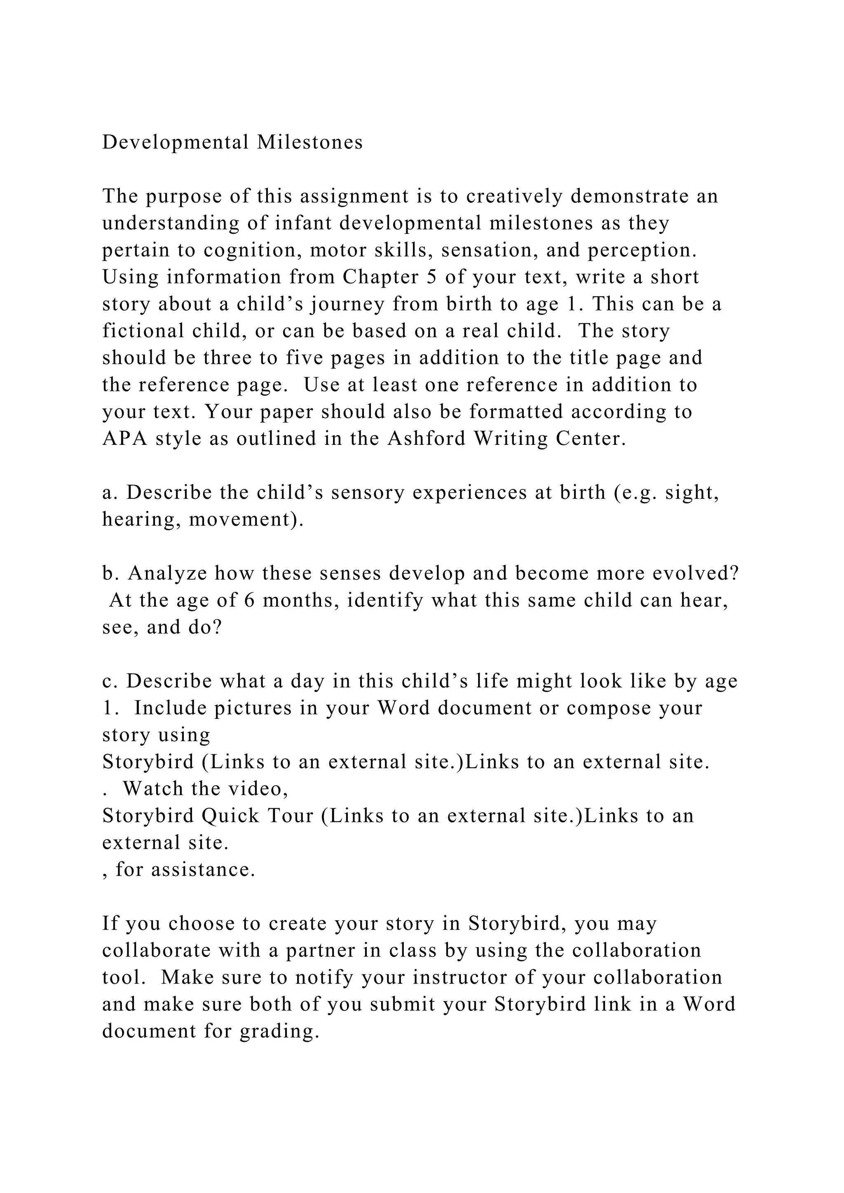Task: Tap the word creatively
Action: tap(514, 196)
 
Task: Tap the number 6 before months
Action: tap(249, 601)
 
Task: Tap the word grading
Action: tap(279, 1032)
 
